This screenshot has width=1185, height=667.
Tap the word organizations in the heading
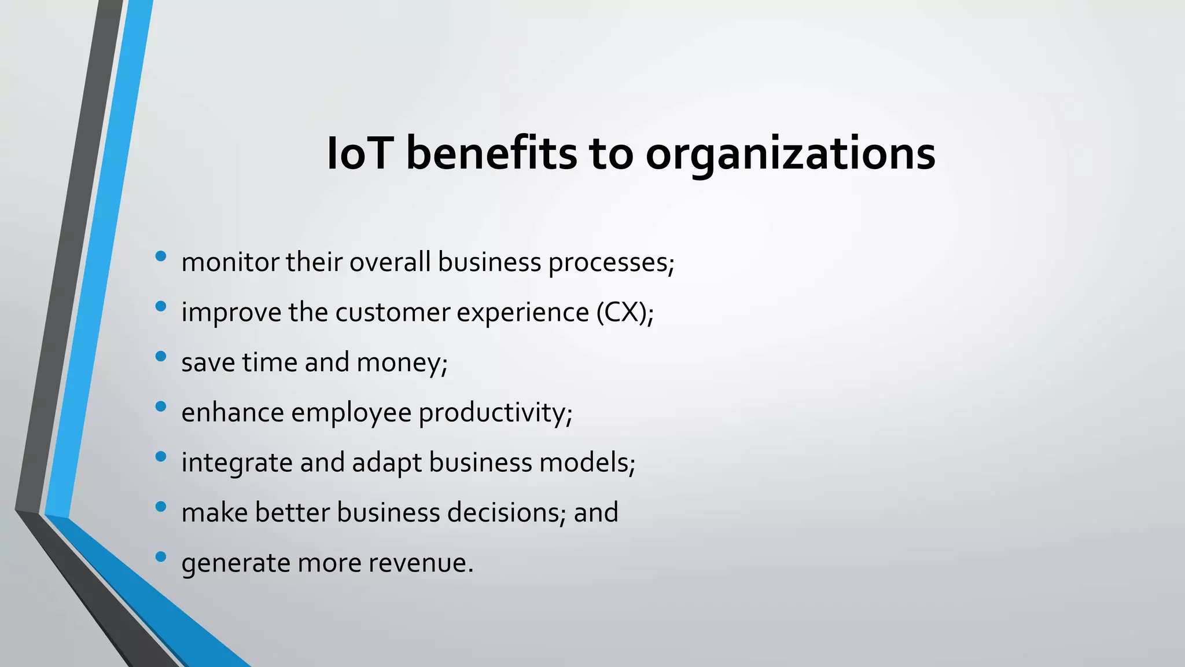point(790,155)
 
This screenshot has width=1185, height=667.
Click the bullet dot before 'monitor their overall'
point(161,255)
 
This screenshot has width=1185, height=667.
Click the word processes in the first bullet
point(610,263)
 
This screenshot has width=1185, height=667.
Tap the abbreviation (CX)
point(624,313)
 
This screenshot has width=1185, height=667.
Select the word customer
point(393,313)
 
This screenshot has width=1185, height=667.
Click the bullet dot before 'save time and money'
point(161,356)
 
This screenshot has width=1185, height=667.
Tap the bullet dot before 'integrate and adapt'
point(161,456)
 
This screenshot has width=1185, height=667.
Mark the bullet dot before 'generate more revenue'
point(161,556)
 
